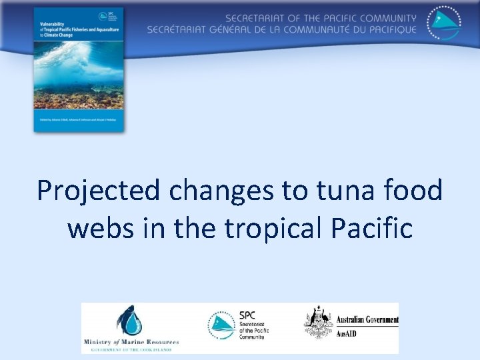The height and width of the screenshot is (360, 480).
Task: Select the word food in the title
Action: tap(416, 191)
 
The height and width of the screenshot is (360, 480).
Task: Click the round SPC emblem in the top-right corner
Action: tap(443, 25)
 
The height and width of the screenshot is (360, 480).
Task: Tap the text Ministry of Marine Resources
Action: tap(131, 342)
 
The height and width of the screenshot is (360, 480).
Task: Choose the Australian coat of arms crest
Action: tap(318, 323)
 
